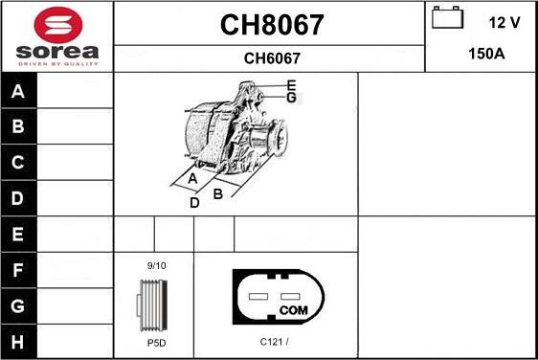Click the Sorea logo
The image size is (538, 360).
click(56, 36)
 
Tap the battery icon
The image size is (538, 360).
click(448, 19)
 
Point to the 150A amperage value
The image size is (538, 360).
click(485, 55)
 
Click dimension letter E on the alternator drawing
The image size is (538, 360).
click(291, 85)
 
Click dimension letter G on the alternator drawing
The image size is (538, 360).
click(291, 98)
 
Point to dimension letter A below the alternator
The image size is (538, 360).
click(192, 179)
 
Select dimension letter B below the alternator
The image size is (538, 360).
click(217, 194)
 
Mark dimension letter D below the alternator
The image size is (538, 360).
click(193, 203)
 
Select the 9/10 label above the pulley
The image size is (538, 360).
click(155, 265)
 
